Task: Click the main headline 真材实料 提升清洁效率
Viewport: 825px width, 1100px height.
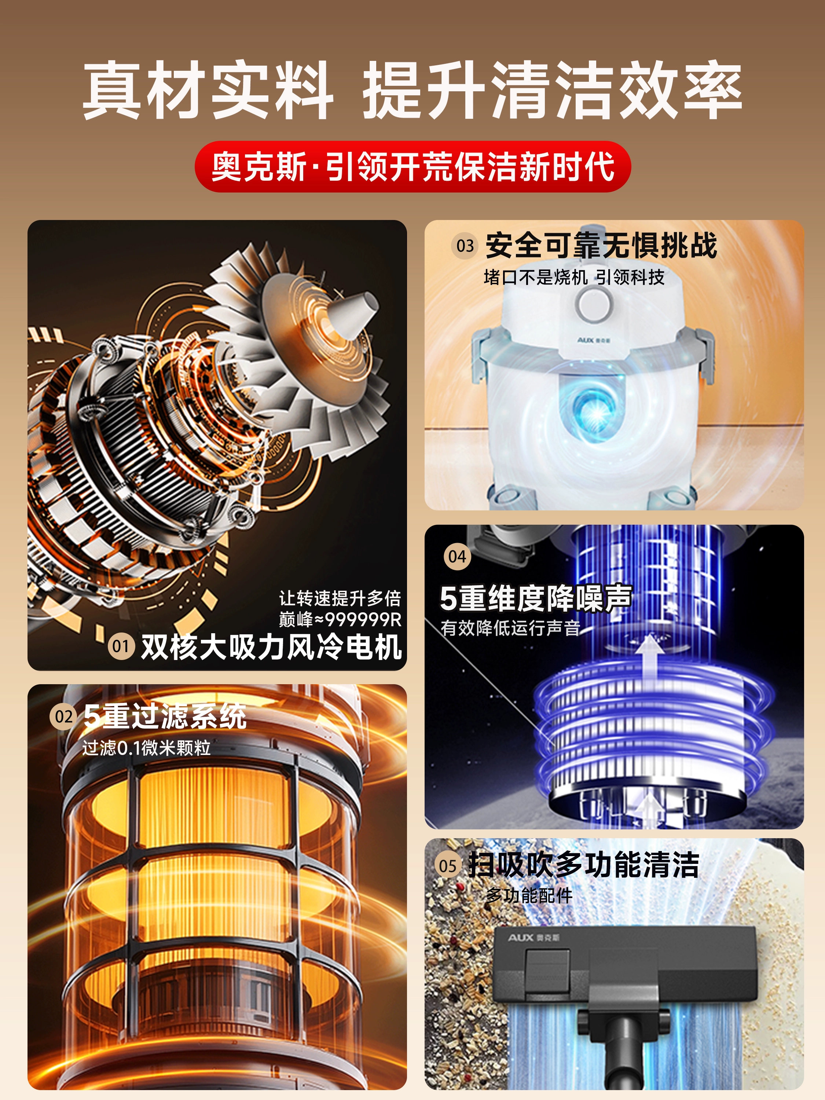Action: point(412,90)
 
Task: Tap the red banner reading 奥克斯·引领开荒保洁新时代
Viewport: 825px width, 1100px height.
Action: point(412,166)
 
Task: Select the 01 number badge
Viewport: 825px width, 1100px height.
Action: point(121,646)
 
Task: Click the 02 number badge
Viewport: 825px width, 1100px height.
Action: point(63,716)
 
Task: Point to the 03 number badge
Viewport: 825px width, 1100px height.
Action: point(465,245)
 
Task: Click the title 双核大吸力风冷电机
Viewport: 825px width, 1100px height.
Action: point(271,647)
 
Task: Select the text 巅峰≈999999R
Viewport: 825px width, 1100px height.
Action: point(340,620)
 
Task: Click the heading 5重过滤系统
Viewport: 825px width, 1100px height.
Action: point(165,716)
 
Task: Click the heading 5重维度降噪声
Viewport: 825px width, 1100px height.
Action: point(536,598)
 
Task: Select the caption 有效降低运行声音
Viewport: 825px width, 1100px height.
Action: point(510,628)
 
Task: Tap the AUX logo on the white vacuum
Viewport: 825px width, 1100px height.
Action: point(594,341)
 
